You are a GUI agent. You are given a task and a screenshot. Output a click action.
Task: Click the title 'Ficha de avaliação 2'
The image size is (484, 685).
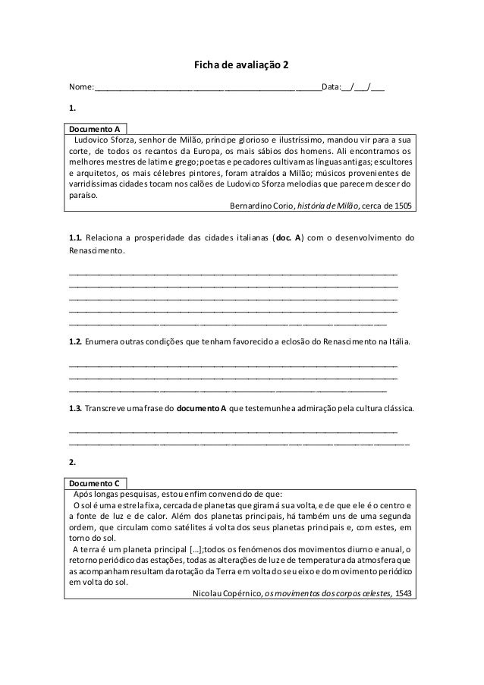point(242,65)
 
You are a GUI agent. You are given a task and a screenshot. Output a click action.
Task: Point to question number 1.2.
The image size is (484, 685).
point(75,343)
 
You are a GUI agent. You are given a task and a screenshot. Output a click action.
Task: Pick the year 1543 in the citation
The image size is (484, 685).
point(404,592)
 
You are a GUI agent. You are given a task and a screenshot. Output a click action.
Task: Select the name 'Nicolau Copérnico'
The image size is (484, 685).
point(223,592)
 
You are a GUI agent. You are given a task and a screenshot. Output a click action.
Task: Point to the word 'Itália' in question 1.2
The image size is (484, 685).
point(399,343)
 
